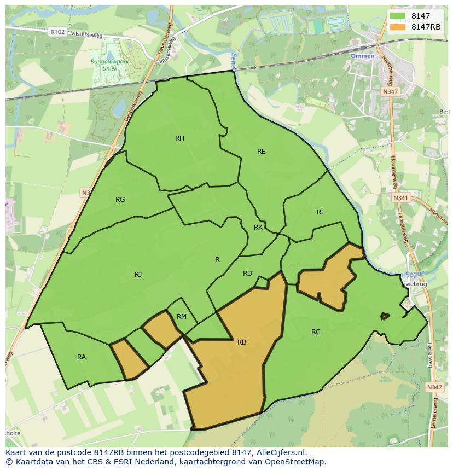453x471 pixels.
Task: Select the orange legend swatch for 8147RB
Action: [398, 27]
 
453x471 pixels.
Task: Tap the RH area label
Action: [179, 138]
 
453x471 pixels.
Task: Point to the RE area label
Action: [262, 152]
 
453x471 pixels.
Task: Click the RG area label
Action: [120, 200]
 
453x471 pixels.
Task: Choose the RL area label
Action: [321, 212]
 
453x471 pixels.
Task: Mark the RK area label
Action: [258, 228]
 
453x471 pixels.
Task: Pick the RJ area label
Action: [138, 275]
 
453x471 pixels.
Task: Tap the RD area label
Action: [247, 274]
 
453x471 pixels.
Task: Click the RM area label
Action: [182, 317]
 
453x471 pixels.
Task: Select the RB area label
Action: [242, 343]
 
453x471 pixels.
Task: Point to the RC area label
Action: [316, 332]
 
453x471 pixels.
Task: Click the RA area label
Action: [82, 357]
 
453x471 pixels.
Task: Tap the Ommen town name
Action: [362, 56]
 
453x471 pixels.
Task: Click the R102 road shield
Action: [57, 32]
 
